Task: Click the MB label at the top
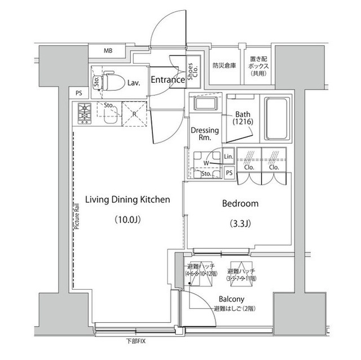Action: coord(108,51)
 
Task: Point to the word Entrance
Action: coord(168,80)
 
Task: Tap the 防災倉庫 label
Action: coord(224,65)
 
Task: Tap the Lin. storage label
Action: coord(228,156)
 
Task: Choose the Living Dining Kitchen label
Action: coord(127,199)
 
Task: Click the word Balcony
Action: coord(232,299)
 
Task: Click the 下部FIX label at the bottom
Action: coord(135,341)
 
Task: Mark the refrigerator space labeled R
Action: coord(133,112)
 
